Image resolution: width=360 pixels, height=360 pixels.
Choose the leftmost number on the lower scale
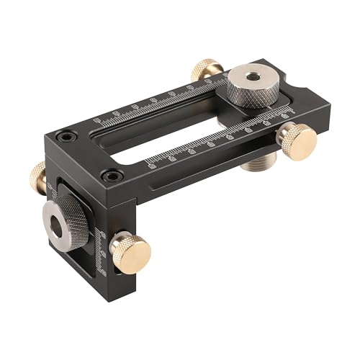point(150,164)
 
